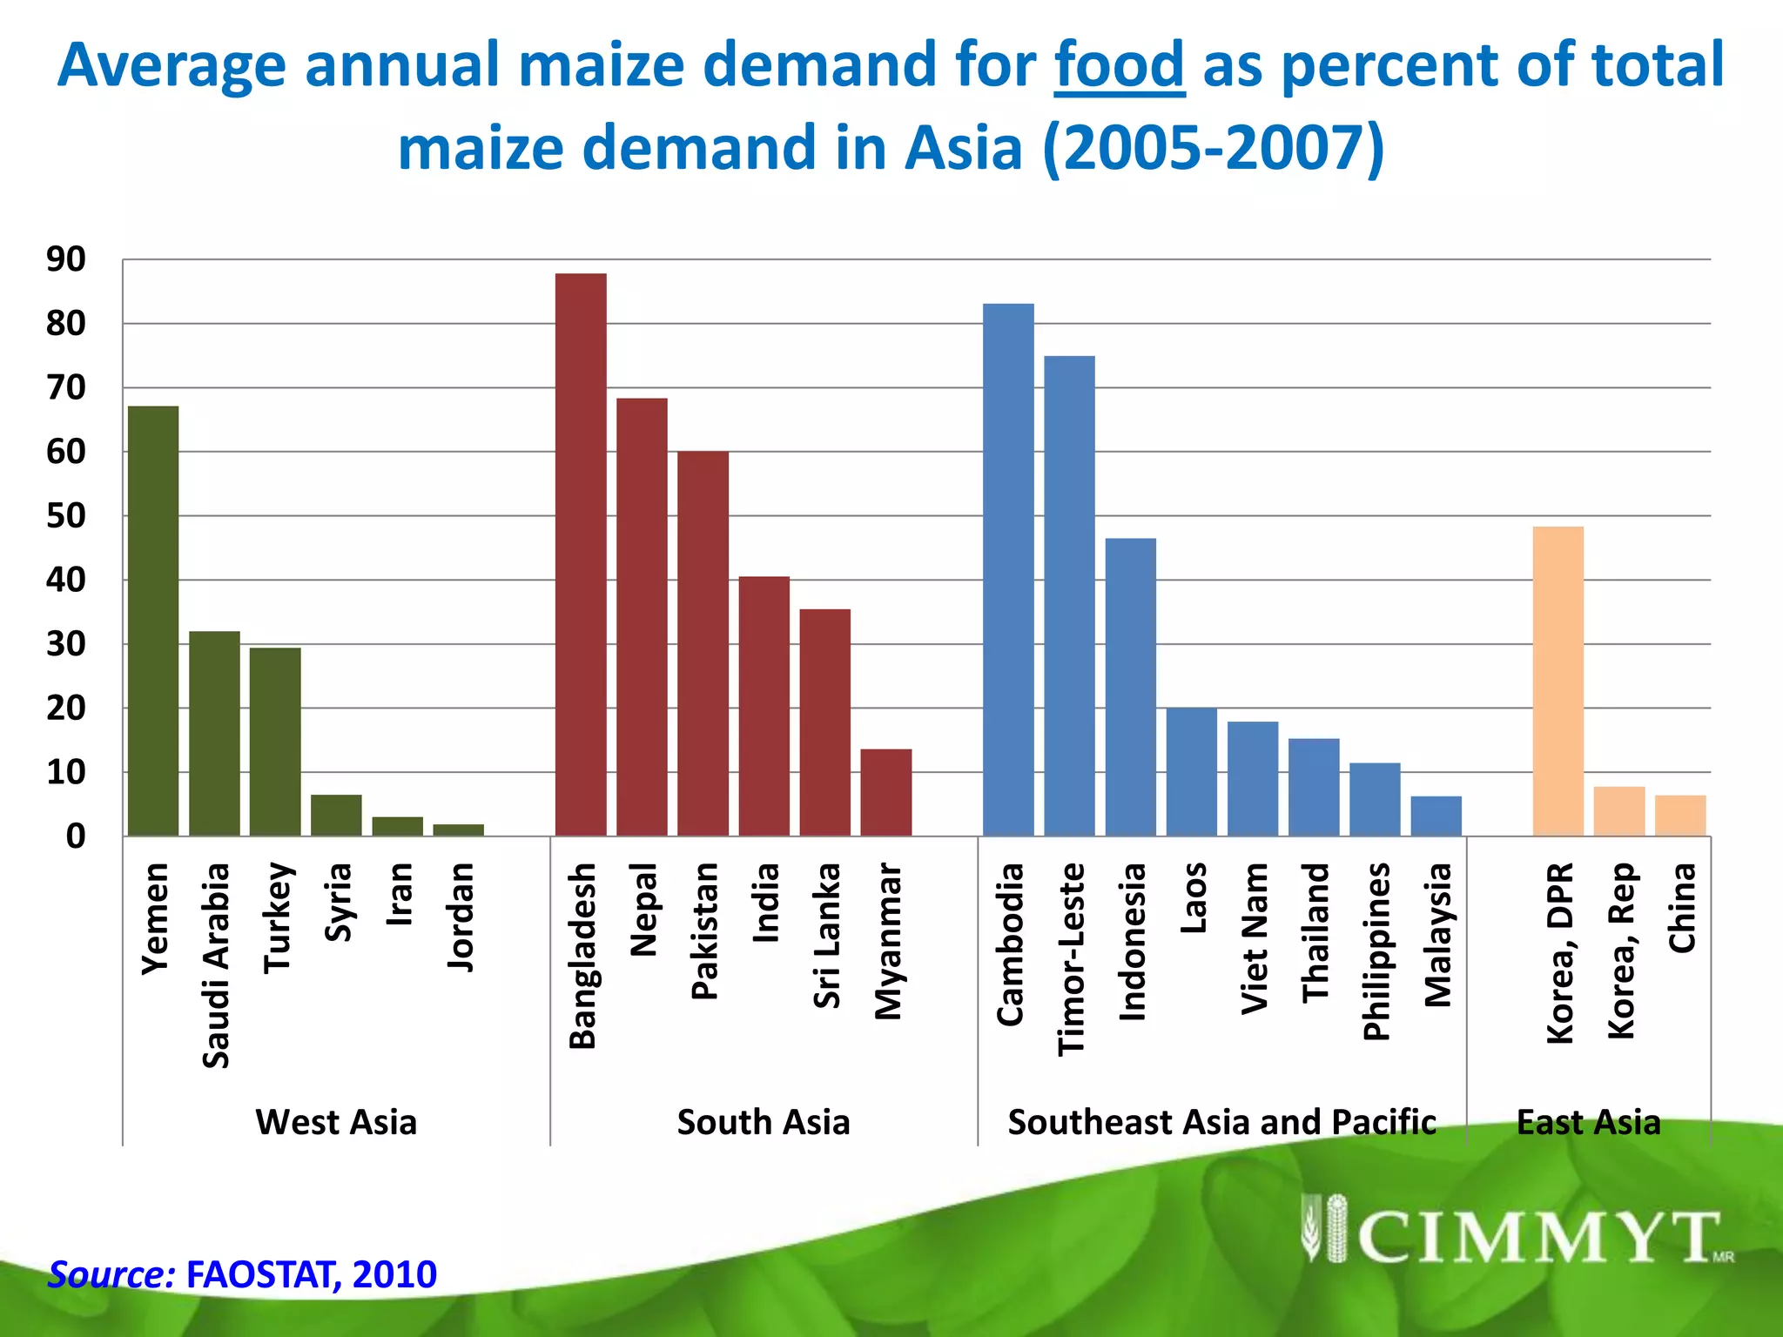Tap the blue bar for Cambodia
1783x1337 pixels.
(1008, 569)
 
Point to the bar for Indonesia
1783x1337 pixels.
(1130, 687)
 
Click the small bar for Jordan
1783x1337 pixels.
(458, 830)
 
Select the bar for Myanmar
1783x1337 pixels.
(885, 792)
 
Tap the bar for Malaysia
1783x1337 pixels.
(1436, 816)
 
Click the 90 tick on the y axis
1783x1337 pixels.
(66, 259)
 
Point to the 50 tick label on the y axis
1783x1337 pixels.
(66, 515)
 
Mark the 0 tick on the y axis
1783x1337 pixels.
(77, 836)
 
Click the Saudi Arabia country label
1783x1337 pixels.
(216, 964)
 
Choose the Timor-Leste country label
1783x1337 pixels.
(1071, 959)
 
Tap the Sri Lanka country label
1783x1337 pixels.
(826, 935)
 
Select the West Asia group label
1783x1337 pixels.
(336, 1122)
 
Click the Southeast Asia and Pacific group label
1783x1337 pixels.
(1221, 1122)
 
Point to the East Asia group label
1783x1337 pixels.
(1588, 1122)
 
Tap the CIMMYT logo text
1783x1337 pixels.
(1536, 1237)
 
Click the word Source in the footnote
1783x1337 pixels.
(111, 1274)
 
